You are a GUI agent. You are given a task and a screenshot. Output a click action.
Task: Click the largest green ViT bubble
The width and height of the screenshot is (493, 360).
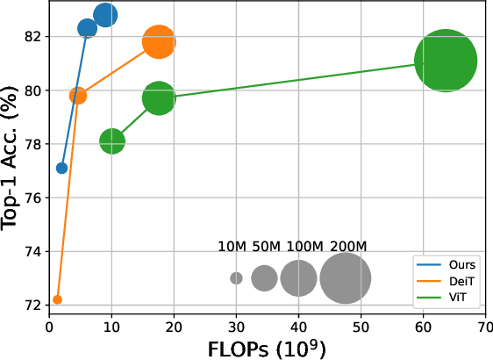445,61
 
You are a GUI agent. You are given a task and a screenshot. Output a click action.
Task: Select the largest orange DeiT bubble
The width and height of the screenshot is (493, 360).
159,42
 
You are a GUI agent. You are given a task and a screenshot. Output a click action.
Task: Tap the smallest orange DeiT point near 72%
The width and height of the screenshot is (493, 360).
57,299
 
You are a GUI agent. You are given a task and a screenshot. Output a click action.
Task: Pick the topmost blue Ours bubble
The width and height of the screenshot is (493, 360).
105,15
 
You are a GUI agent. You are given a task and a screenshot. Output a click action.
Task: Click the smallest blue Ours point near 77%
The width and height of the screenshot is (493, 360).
61,168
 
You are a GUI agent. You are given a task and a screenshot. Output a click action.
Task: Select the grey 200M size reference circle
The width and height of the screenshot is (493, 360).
346,278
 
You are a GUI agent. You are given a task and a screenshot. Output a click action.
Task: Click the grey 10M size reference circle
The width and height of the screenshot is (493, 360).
236,278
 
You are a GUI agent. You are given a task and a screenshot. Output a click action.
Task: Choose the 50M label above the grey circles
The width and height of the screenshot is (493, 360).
265,247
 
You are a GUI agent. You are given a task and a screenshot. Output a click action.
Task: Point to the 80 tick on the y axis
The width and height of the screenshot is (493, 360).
33,90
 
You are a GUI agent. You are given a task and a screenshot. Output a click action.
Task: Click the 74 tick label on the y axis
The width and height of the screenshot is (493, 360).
33,251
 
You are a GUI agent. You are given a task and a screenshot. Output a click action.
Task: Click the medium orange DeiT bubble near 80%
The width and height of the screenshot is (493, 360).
78,96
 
